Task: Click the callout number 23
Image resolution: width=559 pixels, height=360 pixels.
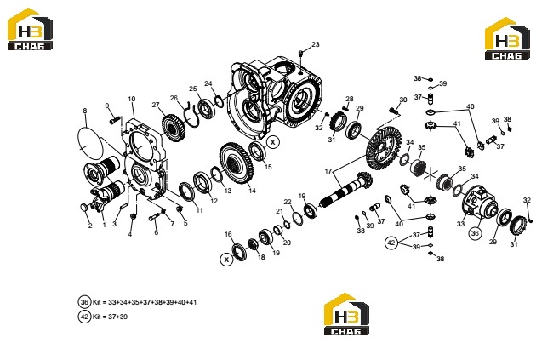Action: [316, 44]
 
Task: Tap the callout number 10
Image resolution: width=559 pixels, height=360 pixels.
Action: [132, 99]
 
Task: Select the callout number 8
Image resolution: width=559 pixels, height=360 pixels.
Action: [85, 111]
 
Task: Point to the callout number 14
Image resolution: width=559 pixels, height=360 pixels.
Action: [252, 191]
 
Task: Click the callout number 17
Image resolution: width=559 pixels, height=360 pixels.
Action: [328, 171]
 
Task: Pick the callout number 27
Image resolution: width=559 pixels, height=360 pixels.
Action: [156, 105]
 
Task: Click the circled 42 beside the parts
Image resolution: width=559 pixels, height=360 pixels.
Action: [391, 243]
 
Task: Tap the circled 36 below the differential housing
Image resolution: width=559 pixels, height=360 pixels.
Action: [475, 233]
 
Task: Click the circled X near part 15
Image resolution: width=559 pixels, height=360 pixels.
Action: [273, 142]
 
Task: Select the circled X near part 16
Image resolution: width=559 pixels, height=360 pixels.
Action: [226, 260]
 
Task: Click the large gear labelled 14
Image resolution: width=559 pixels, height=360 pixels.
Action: [236, 163]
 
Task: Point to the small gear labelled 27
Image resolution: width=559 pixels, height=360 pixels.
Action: [174, 128]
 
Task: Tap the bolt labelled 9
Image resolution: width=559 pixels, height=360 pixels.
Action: [114, 121]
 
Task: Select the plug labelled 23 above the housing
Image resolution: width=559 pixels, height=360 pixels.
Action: [300, 53]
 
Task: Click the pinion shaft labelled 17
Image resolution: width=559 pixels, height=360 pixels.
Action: [345, 189]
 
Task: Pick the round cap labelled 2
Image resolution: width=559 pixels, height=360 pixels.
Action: [83, 207]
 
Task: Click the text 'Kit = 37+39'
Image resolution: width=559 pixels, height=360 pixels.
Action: [110, 317]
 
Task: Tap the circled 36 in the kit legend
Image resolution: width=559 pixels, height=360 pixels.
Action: [84, 302]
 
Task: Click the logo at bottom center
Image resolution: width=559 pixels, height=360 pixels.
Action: [345, 314]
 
